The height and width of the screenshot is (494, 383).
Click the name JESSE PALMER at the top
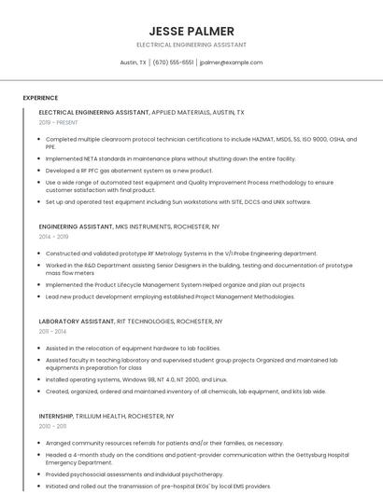191,31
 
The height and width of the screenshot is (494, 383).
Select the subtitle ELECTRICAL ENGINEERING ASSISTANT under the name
191,44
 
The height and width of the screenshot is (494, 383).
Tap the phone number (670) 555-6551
173,62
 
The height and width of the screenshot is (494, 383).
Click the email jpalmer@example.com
232,62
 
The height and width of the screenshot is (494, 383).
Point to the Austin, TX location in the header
134,62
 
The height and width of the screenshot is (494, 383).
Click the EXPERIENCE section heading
40,97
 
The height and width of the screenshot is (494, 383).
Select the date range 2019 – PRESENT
58,122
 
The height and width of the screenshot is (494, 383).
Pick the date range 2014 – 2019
53,237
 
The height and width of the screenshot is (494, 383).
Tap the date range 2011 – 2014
52,331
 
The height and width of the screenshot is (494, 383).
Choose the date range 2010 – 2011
52,426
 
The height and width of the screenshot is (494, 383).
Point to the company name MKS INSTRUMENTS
146,226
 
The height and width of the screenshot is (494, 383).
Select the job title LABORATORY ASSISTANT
77,321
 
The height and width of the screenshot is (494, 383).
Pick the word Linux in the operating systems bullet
219,379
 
